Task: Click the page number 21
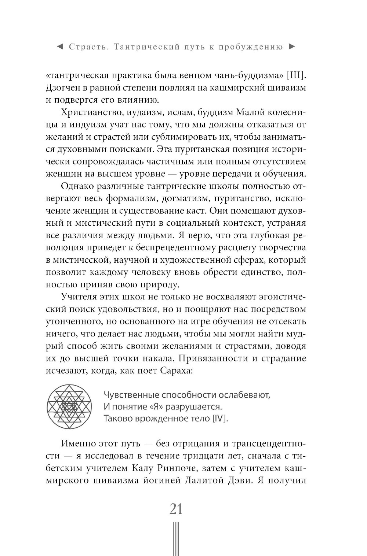pos(176,509)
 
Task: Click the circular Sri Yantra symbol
pos(69,406)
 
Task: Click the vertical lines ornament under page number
pos(176,539)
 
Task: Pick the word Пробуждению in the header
pos(251,47)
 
